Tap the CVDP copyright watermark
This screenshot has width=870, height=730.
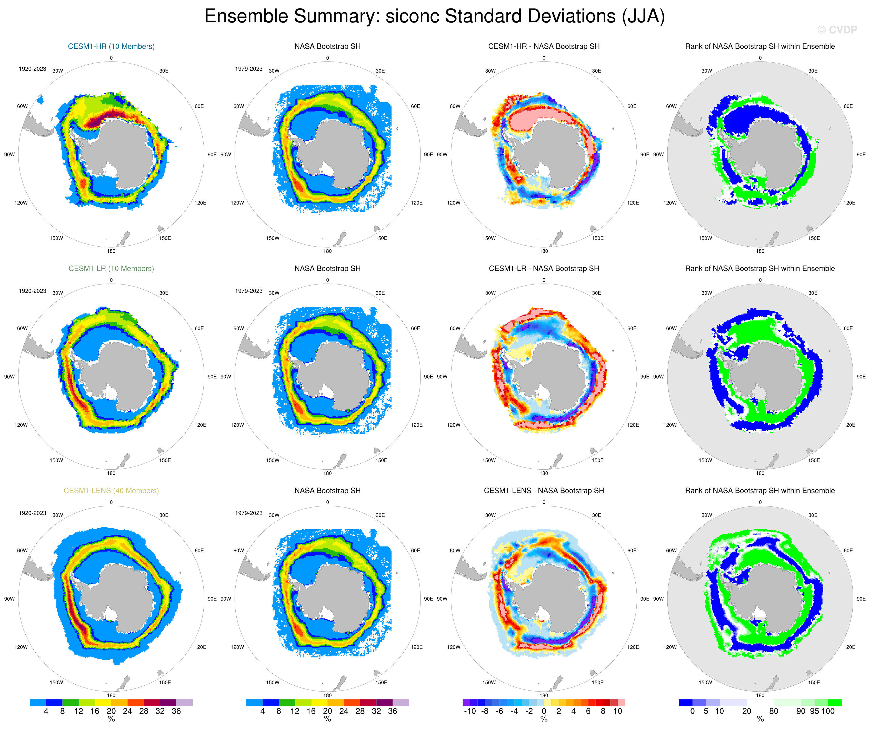[x=837, y=30]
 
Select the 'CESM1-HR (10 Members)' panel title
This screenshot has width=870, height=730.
[x=111, y=46]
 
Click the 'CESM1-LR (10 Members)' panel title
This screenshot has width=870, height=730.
[x=111, y=268]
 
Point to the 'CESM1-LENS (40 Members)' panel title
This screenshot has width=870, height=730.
[x=111, y=491]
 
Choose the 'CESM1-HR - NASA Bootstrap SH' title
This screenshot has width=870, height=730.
[x=544, y=46]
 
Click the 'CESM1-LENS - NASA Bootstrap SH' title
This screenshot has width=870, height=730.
[x=544, y=491]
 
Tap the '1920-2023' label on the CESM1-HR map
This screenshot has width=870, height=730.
[x=32, y=69]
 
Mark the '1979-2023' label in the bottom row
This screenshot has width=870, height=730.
[x=248, y=513]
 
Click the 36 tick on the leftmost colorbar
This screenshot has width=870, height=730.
[x=176, y=711]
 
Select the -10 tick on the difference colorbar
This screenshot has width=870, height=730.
[x=469, y=711]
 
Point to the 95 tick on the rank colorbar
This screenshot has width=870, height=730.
[x=814, y=711]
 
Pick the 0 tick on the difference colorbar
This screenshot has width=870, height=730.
[x=544, y=711]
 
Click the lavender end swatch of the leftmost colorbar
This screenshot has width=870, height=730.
[x=184, y=703]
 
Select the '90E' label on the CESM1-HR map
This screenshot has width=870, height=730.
[x=212, y=155]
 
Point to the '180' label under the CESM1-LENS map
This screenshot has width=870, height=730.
[x=111, y=695]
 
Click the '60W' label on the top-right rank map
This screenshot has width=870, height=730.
[x=671, y=106]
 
